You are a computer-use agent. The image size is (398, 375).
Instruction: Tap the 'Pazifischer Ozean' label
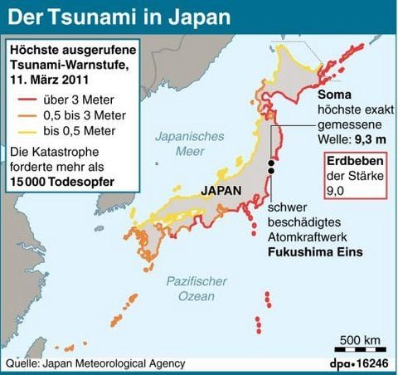pos(196,289)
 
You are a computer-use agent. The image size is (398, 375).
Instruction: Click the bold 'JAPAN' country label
pos(221,190)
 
